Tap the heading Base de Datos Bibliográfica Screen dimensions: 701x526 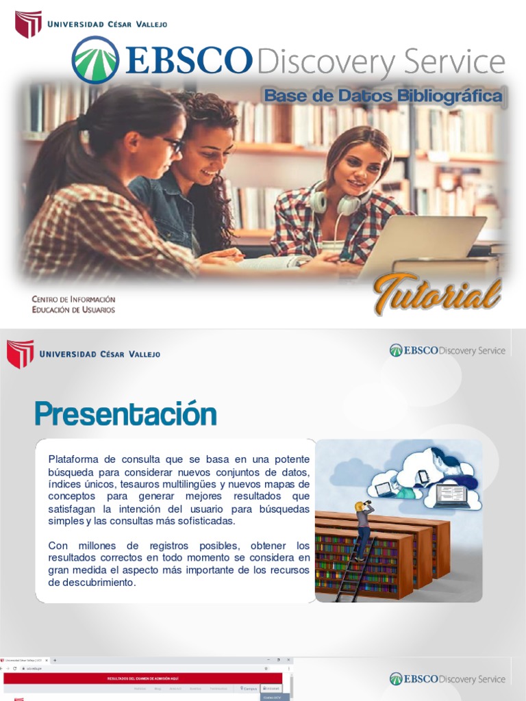(383, 97)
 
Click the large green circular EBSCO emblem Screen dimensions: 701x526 (95, 60)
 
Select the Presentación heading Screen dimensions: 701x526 (125, 414)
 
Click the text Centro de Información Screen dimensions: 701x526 (73, 299)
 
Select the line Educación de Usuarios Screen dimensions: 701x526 (73, 309)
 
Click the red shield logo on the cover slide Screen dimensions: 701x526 (28, 24)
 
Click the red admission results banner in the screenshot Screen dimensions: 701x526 (144, 678)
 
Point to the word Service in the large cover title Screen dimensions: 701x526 (453, 63)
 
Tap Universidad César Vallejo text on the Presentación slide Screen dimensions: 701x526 (100, 354)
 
